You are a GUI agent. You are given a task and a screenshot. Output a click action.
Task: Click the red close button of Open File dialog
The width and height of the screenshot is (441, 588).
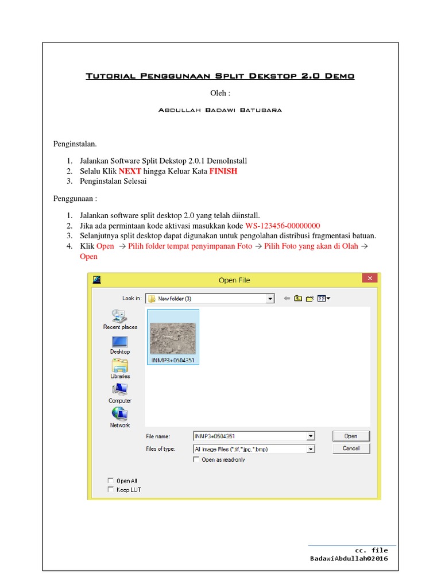[x=369, y=278]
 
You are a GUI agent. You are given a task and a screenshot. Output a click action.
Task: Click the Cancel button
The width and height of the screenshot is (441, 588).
[x=351, y=448]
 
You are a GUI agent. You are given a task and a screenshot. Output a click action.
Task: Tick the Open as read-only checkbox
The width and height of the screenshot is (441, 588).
[x=197, y=460]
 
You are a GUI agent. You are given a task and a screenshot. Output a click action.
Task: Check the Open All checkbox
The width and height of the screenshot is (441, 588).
[x=110, y=481]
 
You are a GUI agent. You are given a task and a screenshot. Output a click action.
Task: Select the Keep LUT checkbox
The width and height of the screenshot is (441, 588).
[x=110, y=490]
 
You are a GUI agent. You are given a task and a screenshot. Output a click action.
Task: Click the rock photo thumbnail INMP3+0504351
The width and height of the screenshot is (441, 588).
[x=173, y=338]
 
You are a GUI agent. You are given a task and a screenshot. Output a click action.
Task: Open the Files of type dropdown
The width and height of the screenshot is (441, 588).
[x=311, y=449]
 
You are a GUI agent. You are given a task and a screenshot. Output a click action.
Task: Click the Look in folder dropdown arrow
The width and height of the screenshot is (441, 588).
[x=270, y=299]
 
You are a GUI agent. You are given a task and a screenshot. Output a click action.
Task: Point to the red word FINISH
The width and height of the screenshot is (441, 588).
[x=223, y=171]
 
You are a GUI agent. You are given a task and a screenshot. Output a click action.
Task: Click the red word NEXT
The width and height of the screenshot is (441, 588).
[x=130, y=171]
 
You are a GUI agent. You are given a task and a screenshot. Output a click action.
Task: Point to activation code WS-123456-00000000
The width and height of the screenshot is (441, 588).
[x=283, y=226]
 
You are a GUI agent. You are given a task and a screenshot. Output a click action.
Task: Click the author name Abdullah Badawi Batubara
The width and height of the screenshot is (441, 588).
[x=220, y=110]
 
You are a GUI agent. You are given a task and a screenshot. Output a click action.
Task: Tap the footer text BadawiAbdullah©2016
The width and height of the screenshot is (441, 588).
[x=349, y=559]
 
